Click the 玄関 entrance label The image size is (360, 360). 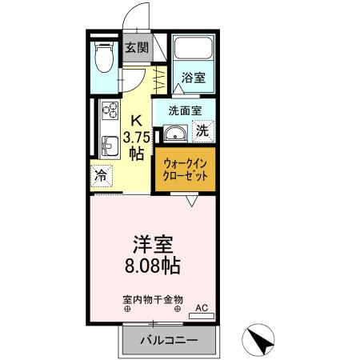click(136, 47)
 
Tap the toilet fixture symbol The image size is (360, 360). click(102, 58)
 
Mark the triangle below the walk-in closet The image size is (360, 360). click(192, 202)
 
